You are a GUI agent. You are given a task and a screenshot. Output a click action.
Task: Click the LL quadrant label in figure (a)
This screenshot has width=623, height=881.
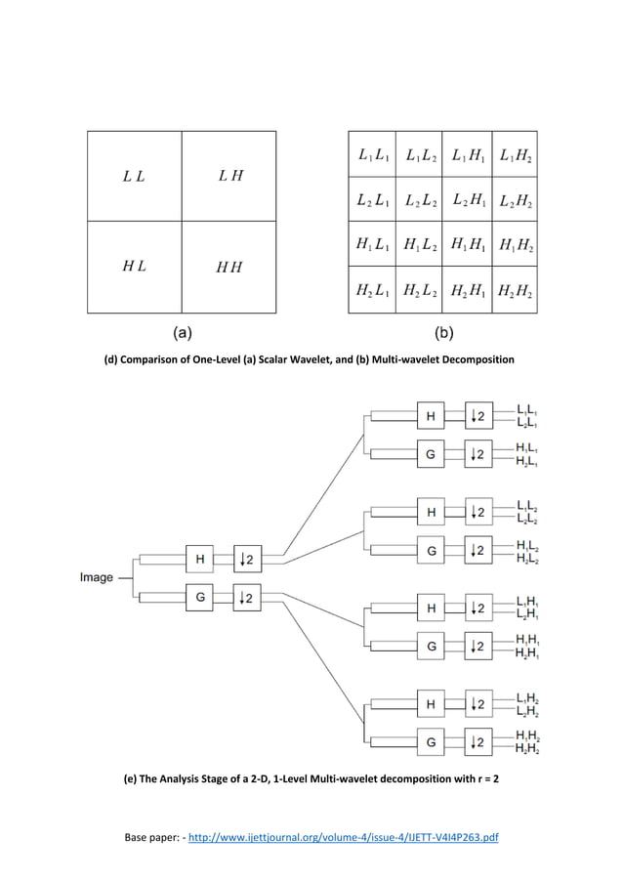[135, 177]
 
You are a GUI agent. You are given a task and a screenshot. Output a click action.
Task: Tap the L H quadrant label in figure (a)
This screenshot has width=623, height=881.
[230, 176]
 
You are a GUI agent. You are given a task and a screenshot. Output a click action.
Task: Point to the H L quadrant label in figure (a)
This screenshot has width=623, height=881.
[135, 266]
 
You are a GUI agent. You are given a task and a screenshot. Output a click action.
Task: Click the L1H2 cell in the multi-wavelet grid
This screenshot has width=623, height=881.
[515, 154]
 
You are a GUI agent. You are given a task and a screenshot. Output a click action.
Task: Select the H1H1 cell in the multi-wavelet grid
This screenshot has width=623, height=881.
[467, 244]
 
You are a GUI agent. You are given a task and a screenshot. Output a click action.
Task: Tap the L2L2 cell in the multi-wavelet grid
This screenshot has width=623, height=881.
[419, 200]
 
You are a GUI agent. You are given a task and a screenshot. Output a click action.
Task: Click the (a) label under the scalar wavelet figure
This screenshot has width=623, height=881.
[183, 332]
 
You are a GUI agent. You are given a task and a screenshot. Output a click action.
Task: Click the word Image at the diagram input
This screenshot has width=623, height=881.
[97, 577]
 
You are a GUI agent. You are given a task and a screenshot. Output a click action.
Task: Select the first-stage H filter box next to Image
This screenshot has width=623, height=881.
[200, 560]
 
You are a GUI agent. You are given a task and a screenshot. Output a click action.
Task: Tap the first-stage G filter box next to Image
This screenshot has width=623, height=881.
[200, 595]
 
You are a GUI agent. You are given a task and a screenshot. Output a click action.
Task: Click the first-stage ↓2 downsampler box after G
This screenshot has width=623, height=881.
[248, 595]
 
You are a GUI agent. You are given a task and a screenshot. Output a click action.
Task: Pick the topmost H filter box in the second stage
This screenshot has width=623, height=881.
[431, 417]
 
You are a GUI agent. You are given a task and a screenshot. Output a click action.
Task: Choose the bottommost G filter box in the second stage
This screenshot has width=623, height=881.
[431, 743]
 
